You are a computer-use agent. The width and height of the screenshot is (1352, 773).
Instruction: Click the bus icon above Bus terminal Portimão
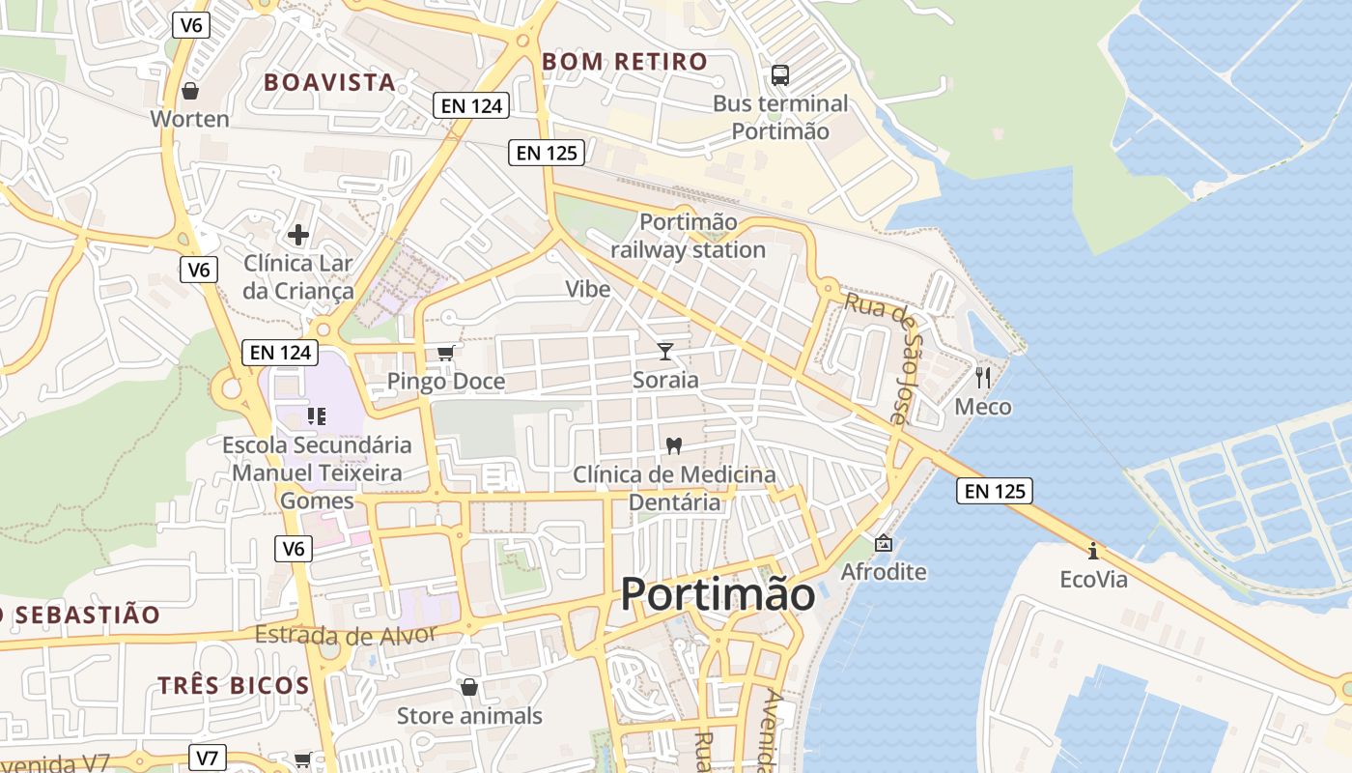point(779,74)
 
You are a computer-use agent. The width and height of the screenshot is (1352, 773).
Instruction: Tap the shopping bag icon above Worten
point(190,91)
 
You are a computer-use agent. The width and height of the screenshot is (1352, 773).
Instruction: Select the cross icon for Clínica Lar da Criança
point(298,234)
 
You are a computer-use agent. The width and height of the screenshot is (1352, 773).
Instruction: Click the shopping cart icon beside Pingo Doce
point(445,353)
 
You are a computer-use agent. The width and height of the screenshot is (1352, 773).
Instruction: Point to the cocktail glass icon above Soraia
point(665,351)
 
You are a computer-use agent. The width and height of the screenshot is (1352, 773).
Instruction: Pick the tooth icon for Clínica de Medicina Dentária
point(674,445)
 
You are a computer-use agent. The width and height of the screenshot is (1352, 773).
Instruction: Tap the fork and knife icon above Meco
point(983,377)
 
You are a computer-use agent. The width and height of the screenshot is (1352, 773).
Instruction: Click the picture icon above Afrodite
point(883,543)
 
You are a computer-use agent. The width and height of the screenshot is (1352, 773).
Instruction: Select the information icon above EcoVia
point(1093,551)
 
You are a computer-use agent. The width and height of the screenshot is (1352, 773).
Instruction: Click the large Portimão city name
point(718,593)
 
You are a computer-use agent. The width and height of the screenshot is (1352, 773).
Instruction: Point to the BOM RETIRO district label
point(625,62)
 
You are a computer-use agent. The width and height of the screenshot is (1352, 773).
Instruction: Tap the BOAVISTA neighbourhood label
point(330,82)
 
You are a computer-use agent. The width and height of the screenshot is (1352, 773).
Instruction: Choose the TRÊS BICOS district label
point(234,686)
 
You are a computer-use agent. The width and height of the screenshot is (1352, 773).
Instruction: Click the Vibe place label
point(587,289)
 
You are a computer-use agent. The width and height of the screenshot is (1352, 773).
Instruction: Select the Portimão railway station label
point(688,236)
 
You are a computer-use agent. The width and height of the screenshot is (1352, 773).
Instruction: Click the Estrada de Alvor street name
point(346,635)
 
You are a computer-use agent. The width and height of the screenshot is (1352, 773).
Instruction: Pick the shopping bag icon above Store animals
point(469,686)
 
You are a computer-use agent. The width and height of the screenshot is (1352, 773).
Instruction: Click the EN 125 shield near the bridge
point(995,491)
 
